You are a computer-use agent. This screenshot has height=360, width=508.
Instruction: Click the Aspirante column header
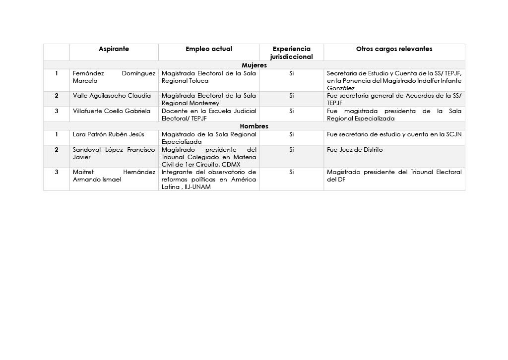point(114,49)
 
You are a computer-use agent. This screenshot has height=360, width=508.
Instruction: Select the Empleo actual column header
point(208,49)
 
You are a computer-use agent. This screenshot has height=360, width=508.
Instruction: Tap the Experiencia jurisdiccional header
point(291,53)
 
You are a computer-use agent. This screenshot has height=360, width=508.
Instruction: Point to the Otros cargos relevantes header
point(394,49)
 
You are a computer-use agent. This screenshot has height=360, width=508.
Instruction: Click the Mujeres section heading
point(254,65)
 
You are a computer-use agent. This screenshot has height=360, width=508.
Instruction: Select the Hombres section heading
point(254,126)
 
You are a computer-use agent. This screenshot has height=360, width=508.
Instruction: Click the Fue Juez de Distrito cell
point(355,150)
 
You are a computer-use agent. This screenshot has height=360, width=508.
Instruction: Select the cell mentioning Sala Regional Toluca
point(208,77)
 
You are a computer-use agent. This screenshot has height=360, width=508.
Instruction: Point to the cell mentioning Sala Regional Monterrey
point(208,99)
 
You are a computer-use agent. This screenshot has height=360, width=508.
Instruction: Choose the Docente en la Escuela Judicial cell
point(208,115)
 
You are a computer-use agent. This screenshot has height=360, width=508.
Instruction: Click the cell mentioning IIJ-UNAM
point(208,180)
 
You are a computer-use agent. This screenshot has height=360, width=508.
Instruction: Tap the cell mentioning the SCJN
point(394,134)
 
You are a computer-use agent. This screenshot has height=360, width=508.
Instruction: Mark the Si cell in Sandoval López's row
point(291,150)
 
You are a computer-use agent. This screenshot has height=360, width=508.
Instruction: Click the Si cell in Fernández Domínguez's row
point(291,73)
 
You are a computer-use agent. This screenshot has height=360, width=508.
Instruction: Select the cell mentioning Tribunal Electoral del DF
point(394,176)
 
